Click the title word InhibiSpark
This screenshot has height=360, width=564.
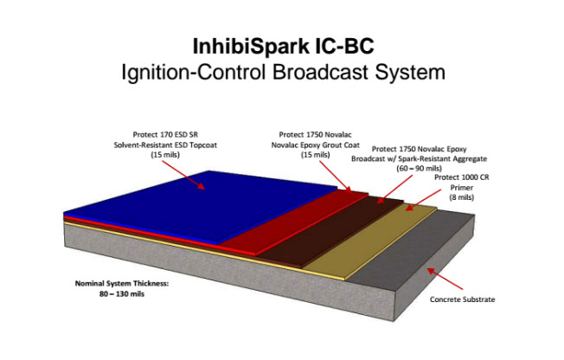pyautogui.click(x=251, y=47)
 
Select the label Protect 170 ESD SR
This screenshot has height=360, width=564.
pyautogui.click(x=165, y=135)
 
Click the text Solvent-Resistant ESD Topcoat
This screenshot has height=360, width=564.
pyautogui.click(x=165, y=145)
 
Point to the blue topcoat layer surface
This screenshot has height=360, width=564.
pyautogui.click(x=202, y=205)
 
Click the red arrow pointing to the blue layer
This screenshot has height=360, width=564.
pyautogui.click(x=183, y=175)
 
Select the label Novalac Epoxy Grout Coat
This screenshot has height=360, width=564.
pyautogui.click(x=315, y=145)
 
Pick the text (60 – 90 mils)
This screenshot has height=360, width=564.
pyautogui.click(x=419, y=168)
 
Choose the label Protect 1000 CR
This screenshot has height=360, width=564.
pyautogui.click(x=461, y=177)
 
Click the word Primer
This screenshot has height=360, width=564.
pyautogui.click(x=461, y=188)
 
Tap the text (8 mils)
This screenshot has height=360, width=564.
pyautogui.click(x=461, y=197)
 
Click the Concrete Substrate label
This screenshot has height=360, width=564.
pyautogui.click(x=462, y=299)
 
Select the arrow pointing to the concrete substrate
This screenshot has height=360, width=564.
pyautogui.click(x=445, y=279)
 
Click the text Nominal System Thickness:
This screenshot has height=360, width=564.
pyautogui.click(x=122, y=283)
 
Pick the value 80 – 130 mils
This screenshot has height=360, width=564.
pyautogui.click(x=122, y=293)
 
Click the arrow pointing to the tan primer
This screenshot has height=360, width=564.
pyautogui.click(x=423, y=200)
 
